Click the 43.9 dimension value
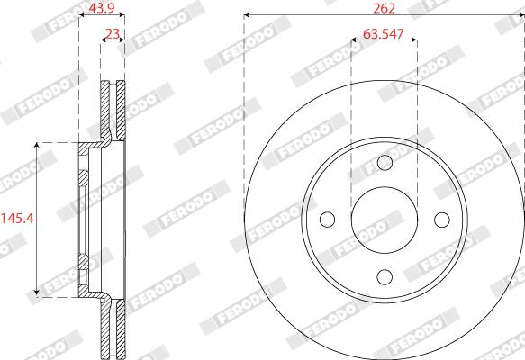coord(102,8)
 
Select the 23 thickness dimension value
coord(113,34)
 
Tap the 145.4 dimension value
coord(17,219)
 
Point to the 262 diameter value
coord(384,8)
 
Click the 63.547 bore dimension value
coord(384,34)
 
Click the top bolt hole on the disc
coord(385,163)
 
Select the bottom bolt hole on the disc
coord(385,277)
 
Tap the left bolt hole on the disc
coord(328,220)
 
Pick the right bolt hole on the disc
coord(442,220)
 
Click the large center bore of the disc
coord(385,220)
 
